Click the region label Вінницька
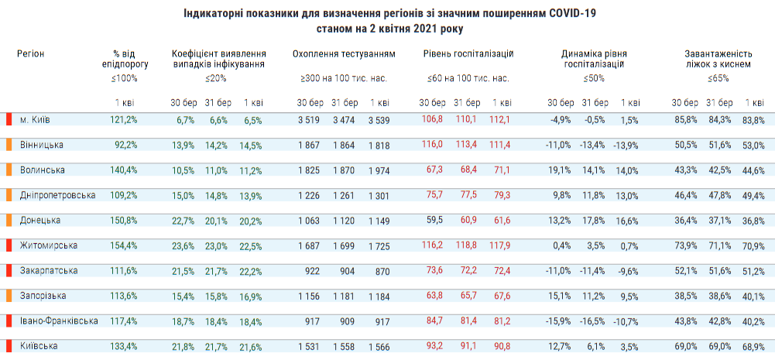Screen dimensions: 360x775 [x=42, y=145]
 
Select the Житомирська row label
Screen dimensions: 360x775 [x=48, y=245]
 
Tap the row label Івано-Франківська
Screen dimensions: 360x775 [x=59, y=321]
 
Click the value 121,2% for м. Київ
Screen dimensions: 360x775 [x=124, y=120]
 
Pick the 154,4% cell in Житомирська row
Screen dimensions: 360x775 [x=124, y=245]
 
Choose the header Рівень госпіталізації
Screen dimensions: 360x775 [x=468, y=54]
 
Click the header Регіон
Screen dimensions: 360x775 [x=31, y=53]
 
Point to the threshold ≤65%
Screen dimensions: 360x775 [x=718, y=78]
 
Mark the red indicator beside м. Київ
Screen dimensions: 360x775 [x=9, y=119]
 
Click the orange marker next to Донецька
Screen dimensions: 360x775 [x=9, y=220]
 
